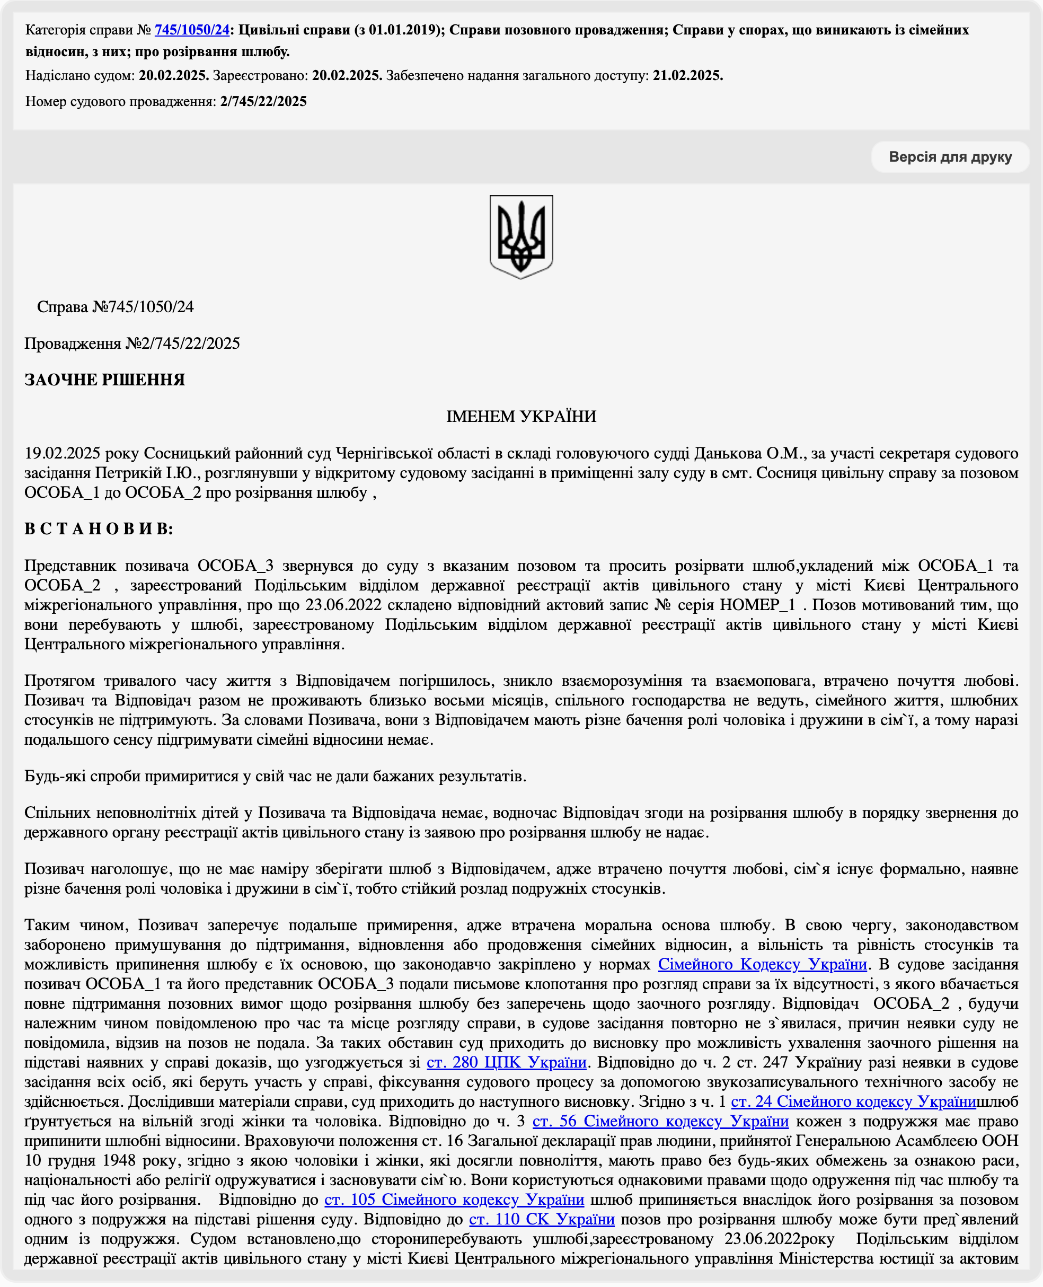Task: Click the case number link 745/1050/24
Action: pyautogui.click(x=192, y=30)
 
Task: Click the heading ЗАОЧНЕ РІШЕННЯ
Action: pyautogui.click(x=104, y=380)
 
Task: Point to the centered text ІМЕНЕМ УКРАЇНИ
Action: pyautogui.click(x=521, y=417)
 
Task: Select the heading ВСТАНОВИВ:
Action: pyautogui.click(x=99, y=528)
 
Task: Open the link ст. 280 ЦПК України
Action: pyautogui.click(x=506, y=1062)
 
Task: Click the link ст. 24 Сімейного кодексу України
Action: pyautogui.click(x=853, y=1101)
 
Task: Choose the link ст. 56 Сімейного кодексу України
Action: pyautogui.click(x=660, y=1121)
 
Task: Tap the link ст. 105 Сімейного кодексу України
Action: pyautogui.click(x=454, y=1200)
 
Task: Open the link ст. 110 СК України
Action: pyautogui.click(x=541, y=1219)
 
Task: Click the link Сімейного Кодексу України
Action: pyautogui.click(x=763, y=964)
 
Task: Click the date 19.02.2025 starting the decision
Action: pyautogui.click(x=62, y=453)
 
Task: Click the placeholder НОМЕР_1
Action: pyautogui.click(x=758, y=604)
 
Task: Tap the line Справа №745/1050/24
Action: pyautogui.click(x=116, y=307)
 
